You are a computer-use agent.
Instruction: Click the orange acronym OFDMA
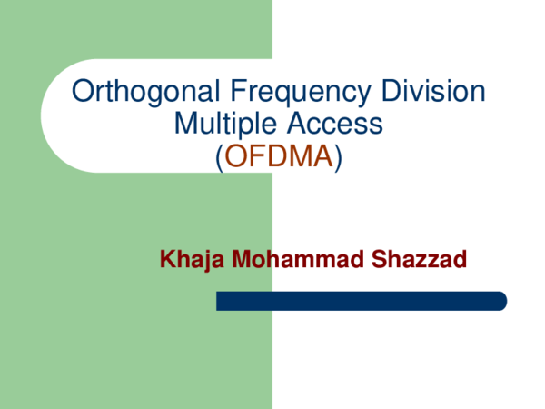[278, 156]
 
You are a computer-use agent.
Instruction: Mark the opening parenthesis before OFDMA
[219, 157]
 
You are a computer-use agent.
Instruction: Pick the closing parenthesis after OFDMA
[338, 157]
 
